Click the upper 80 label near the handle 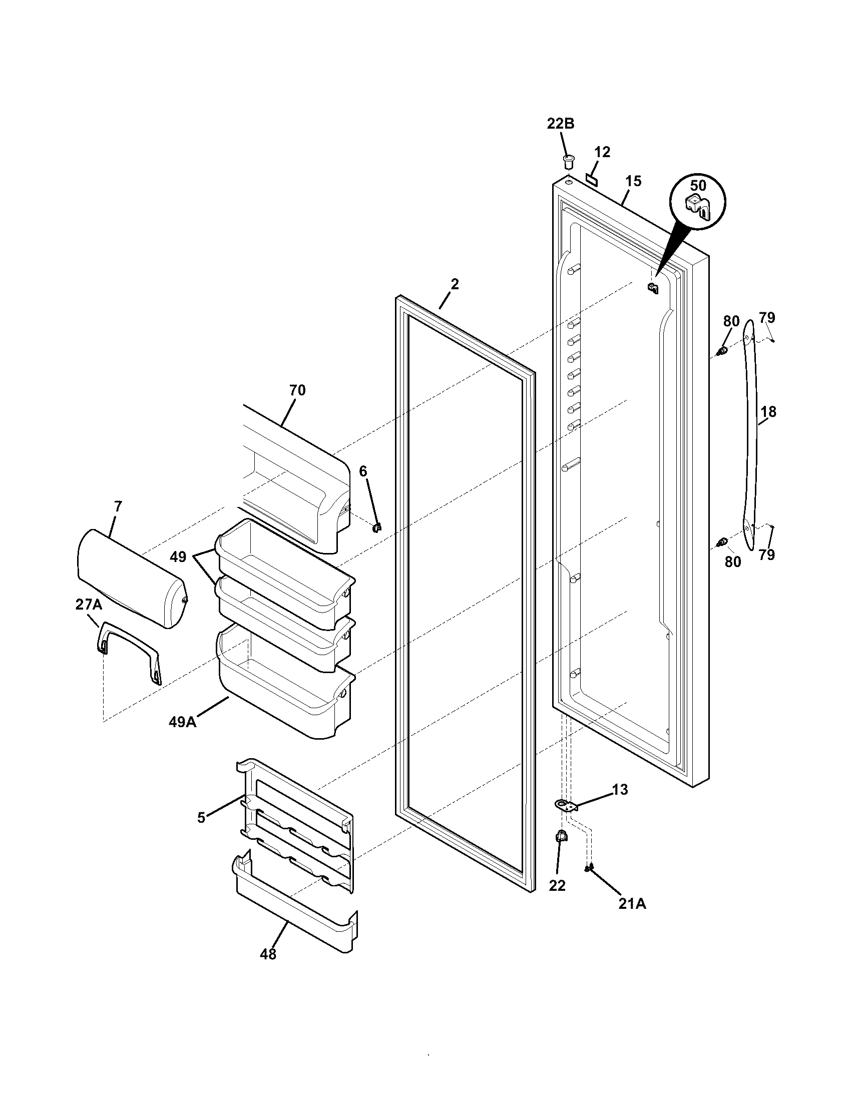coord(731,321)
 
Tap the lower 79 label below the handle coord(766,555)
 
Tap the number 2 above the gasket coord(455,284)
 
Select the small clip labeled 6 coord(376,527)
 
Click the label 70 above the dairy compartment coord(297,390)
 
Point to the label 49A coord(182,722)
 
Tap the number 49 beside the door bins coord(178,557)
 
